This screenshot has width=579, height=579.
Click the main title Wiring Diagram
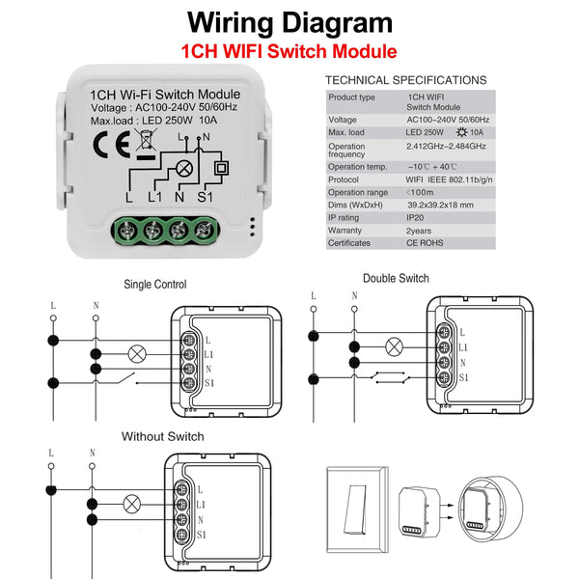pos(289,23)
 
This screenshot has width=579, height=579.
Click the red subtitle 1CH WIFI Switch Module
pos(290,51)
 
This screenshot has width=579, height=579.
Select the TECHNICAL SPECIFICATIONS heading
pos(405,80)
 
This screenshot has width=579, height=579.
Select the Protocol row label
pos(344,179)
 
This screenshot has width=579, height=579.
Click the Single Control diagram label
pos(155,285)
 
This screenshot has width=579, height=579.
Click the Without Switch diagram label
pos(162,436)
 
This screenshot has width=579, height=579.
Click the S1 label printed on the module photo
pos(205,198)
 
